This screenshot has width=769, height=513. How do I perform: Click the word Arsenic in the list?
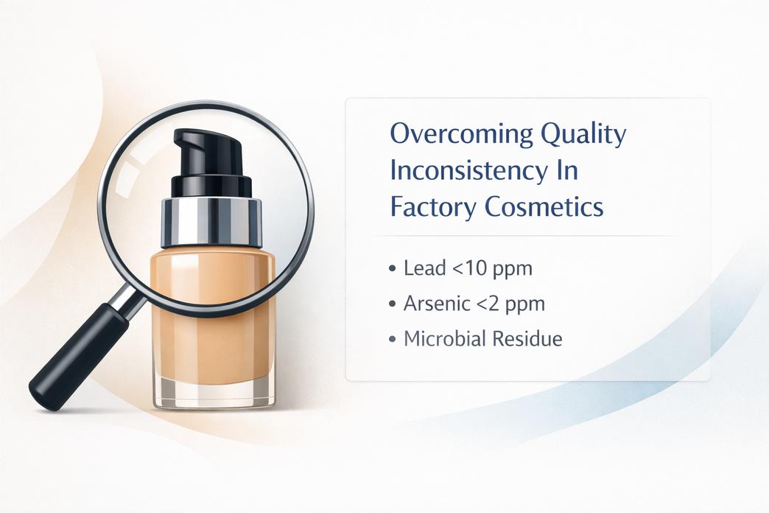pos(435,304)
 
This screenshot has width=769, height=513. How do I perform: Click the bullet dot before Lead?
pos(393,269)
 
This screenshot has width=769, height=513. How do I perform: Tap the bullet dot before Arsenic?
pos(393,304)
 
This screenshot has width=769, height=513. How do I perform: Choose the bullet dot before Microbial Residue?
pos(393,340)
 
